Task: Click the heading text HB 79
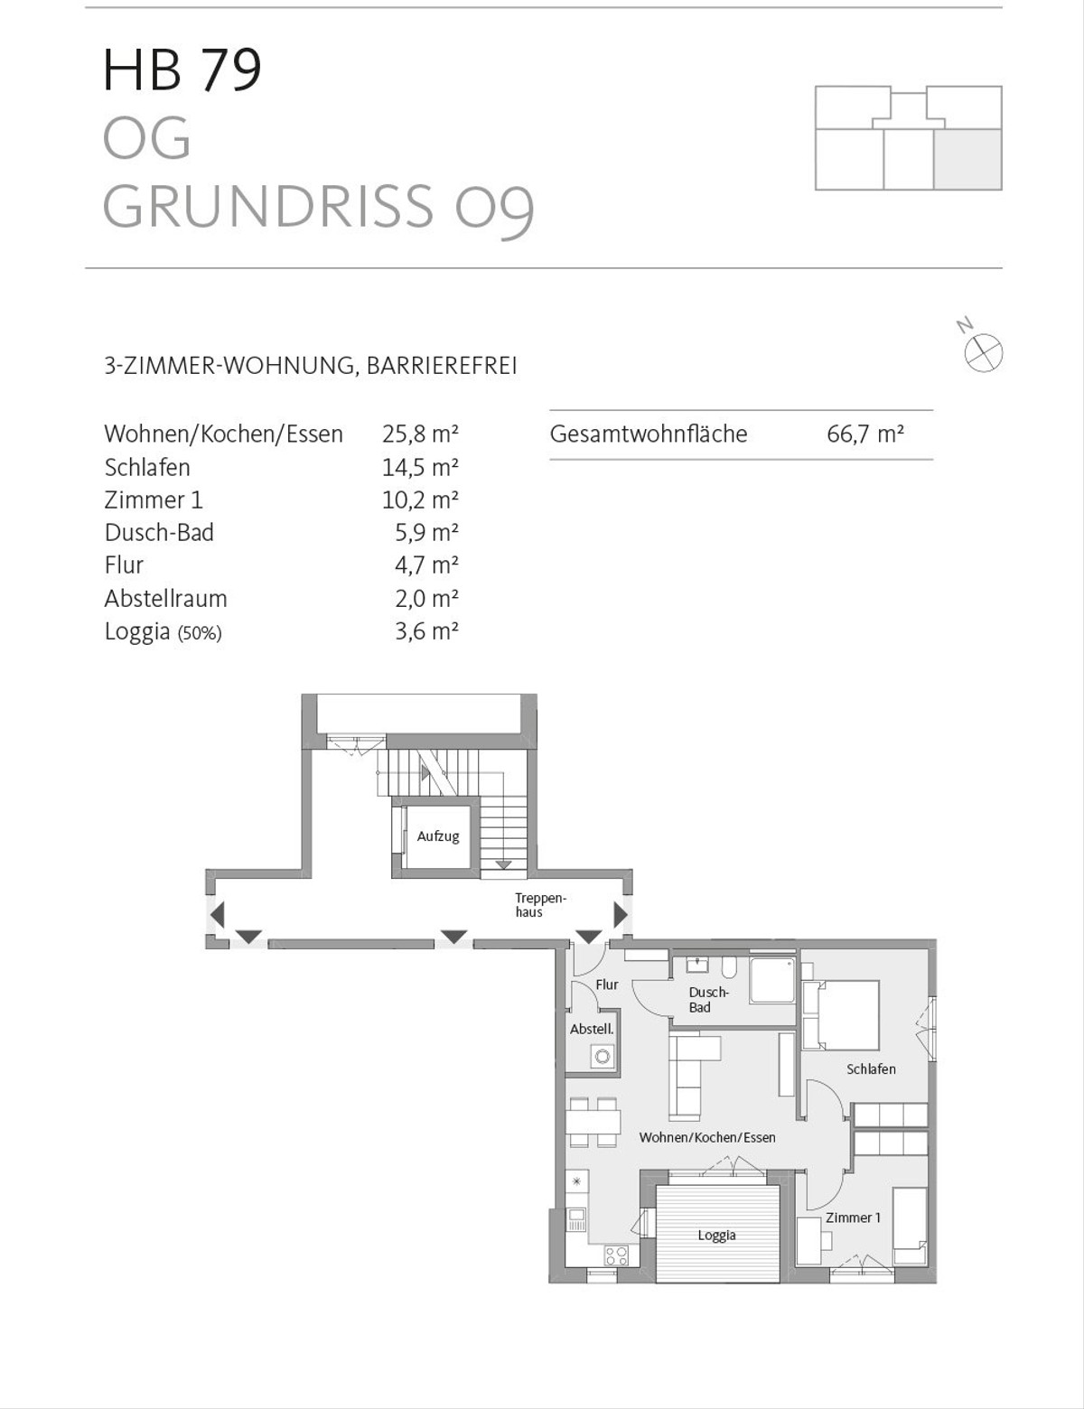click(182, 70)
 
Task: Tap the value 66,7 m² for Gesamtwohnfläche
click(864, 434)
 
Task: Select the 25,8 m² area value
click(420, 434)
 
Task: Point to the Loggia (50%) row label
click(163, 631)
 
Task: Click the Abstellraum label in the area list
click(165, 599)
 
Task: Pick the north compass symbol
click(983, 351)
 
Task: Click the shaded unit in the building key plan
click(967, 159)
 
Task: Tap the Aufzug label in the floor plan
click(438, 836)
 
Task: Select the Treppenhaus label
click(539, 905)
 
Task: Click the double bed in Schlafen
click(841, 1014)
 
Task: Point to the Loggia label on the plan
click(716, 1236)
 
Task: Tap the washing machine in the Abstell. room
click(602, 1056)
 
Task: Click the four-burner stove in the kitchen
click(616, 1255)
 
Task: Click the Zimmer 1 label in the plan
click(853, 1218)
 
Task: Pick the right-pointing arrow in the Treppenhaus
click(621, 915)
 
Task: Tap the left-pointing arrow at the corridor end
click(217, 915)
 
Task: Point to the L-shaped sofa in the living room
click(687, 1075)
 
